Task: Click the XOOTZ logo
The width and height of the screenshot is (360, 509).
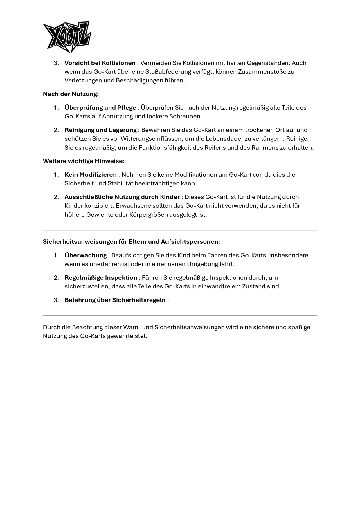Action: tap(67, 37)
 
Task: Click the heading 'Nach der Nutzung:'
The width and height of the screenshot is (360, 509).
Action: tap(71, 94)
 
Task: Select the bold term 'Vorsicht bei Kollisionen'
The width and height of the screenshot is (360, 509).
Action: tap(100, 63)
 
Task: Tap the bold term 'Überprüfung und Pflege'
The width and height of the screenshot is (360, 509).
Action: tap(100, 108)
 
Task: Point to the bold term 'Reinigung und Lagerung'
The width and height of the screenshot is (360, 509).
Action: tap(100, 130)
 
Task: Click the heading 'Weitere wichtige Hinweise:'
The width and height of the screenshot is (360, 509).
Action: tap(84, 161)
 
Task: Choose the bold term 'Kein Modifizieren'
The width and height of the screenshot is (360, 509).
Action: tap(90, 175)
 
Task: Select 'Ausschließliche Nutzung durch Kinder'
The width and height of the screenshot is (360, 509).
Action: tap(122, 197)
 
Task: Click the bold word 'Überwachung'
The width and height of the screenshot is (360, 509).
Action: tap(86, 255)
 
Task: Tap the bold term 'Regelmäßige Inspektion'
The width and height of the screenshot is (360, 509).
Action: tap(101, 278)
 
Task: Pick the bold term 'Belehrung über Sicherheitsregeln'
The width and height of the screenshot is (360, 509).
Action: tap(115, 300)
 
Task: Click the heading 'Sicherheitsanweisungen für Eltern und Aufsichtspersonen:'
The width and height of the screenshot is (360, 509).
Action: tap(131, 242)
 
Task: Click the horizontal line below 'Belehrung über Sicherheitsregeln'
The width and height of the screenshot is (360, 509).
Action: tap(180, 315)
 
